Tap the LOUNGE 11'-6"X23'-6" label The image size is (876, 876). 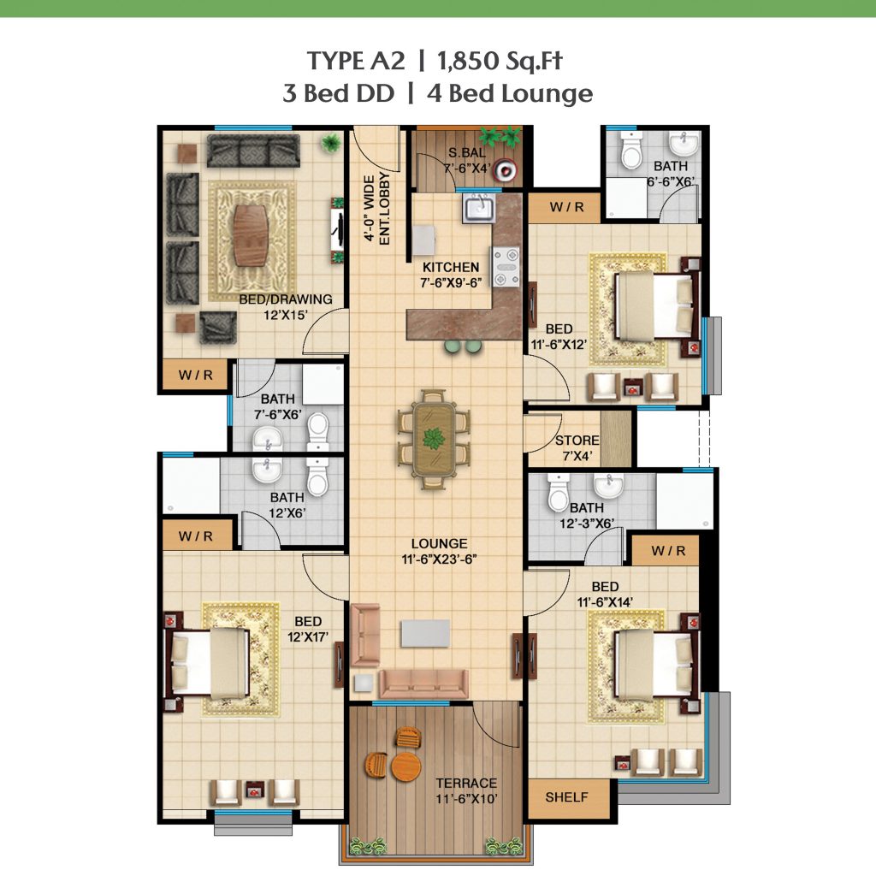click(x=439, y=552)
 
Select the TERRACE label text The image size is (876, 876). click(x=466, y=784)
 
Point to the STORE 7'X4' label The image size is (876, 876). click(x=577, y=448)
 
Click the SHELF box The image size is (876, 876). click(x=567, y=798)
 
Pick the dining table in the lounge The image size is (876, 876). click(x=434, y=439)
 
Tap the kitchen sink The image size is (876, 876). click(x=478, y=208)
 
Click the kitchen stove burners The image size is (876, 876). click(x=506, y=267)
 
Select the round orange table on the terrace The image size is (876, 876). click(x=406, y=766)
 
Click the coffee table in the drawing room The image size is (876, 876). click(x=251, y=236)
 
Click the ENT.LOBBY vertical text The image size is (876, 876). click(x=384, y=209)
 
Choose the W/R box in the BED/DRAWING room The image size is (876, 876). click(x=196, y=375)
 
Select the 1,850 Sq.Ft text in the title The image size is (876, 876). click(x=500, y=61)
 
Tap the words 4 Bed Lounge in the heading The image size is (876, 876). click(x=510, y=93)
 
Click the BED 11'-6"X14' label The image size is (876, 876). click(x=605, y=595)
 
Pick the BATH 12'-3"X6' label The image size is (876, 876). click(x=587, y=515)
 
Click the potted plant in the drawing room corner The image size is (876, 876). click(x=331, y=144)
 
